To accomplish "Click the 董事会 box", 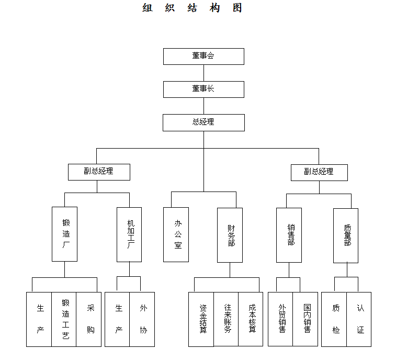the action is point(203,57).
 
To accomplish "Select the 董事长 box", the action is point(203,89).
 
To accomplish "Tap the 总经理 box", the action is point(203,122).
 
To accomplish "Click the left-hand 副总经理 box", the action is point(99,172).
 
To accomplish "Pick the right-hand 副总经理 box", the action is point(319,173).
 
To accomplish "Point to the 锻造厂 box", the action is point(64,234).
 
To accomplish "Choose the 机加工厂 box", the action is point(129,235).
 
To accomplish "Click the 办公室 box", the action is point(176,235).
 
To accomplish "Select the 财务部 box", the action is point(230,235).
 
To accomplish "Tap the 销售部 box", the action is point(289,235).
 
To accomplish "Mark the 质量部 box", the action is point(346,235).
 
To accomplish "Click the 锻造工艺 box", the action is point(64,319).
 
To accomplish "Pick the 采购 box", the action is point(88,319).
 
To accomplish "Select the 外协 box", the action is point(142,319).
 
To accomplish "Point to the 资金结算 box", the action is point(201,319).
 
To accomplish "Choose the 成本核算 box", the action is point(251,319).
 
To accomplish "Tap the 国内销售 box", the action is point(305,319).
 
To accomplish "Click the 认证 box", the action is point(359,319).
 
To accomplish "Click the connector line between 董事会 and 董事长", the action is point(204,73).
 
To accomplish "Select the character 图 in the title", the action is point(237,7).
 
